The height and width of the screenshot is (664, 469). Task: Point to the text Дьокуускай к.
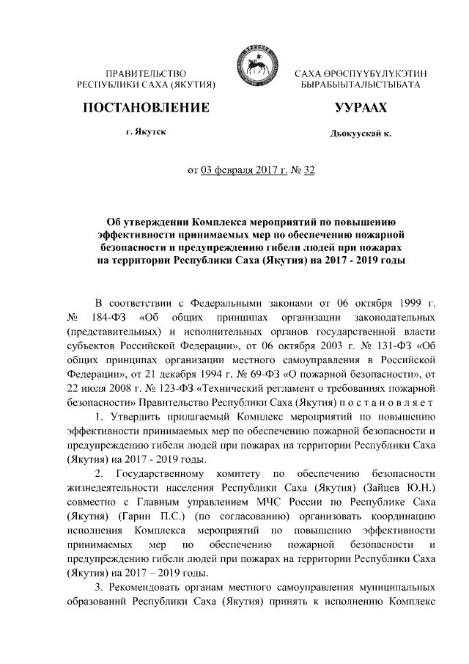(x=361, y=134)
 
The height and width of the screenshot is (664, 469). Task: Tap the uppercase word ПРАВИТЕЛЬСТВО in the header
(x=145, y=74)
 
